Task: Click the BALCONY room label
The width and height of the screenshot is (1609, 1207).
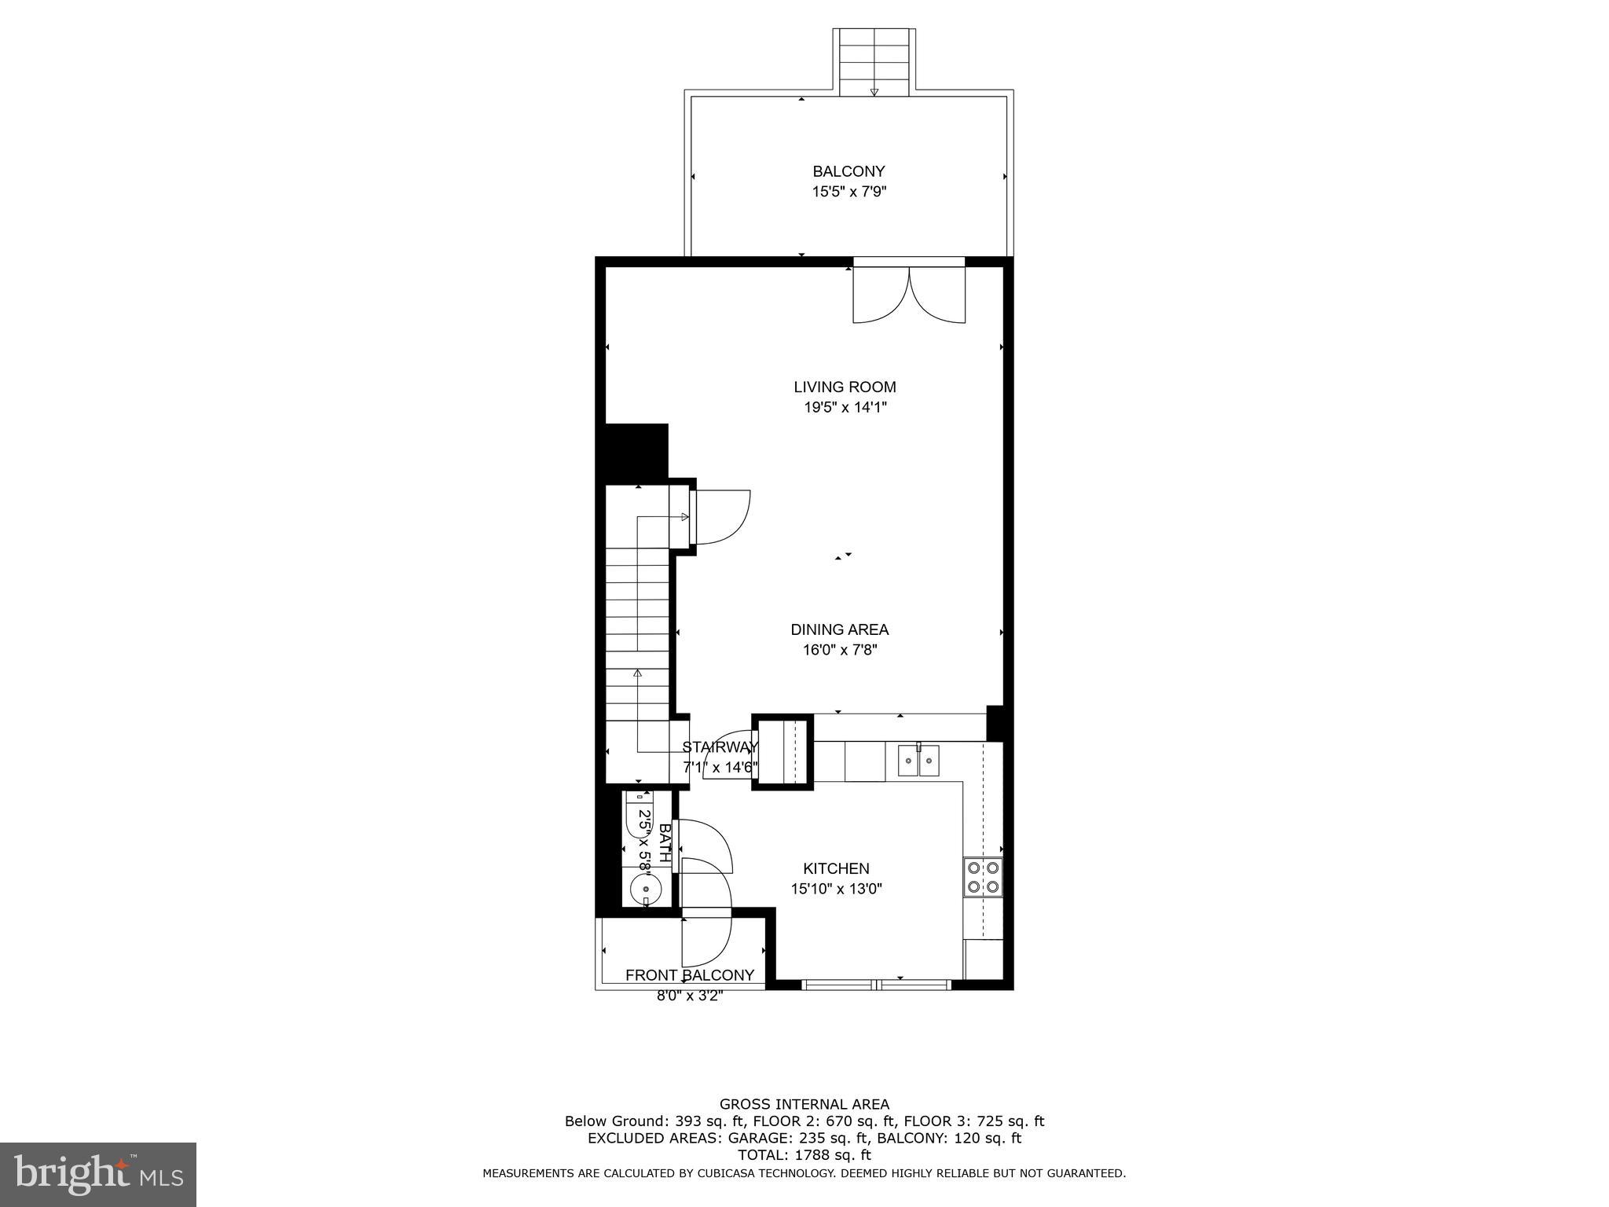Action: (x=848, y=171)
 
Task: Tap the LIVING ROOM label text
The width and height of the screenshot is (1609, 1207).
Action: (x=845, y=387)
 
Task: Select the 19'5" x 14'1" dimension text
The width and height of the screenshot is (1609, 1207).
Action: (x=845, y=408)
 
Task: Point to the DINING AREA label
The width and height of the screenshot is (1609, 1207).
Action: (x=839, y=629)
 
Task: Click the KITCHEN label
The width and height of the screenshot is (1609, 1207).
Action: (x=836, y=868)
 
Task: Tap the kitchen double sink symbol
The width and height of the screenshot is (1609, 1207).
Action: (x=918, y=761)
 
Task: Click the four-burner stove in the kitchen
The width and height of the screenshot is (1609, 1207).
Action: (x=983, y=877)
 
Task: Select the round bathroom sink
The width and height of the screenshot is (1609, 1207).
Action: (x=647, y=890)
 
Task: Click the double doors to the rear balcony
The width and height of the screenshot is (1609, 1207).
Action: (x=909, y=294)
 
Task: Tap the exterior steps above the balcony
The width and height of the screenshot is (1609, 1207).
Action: (x=874, y=61)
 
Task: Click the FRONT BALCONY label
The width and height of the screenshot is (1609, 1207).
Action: (x=689, y=975)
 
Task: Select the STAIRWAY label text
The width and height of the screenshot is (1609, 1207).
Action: (x=720, y=747)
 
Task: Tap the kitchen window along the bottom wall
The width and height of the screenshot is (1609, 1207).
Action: (x=876, y=984)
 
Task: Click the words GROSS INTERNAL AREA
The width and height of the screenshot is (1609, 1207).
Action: (x=804, y=1104)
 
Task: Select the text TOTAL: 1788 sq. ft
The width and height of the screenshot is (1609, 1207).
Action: (x=804, y=1155)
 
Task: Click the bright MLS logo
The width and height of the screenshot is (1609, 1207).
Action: (x=98, y=1174)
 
